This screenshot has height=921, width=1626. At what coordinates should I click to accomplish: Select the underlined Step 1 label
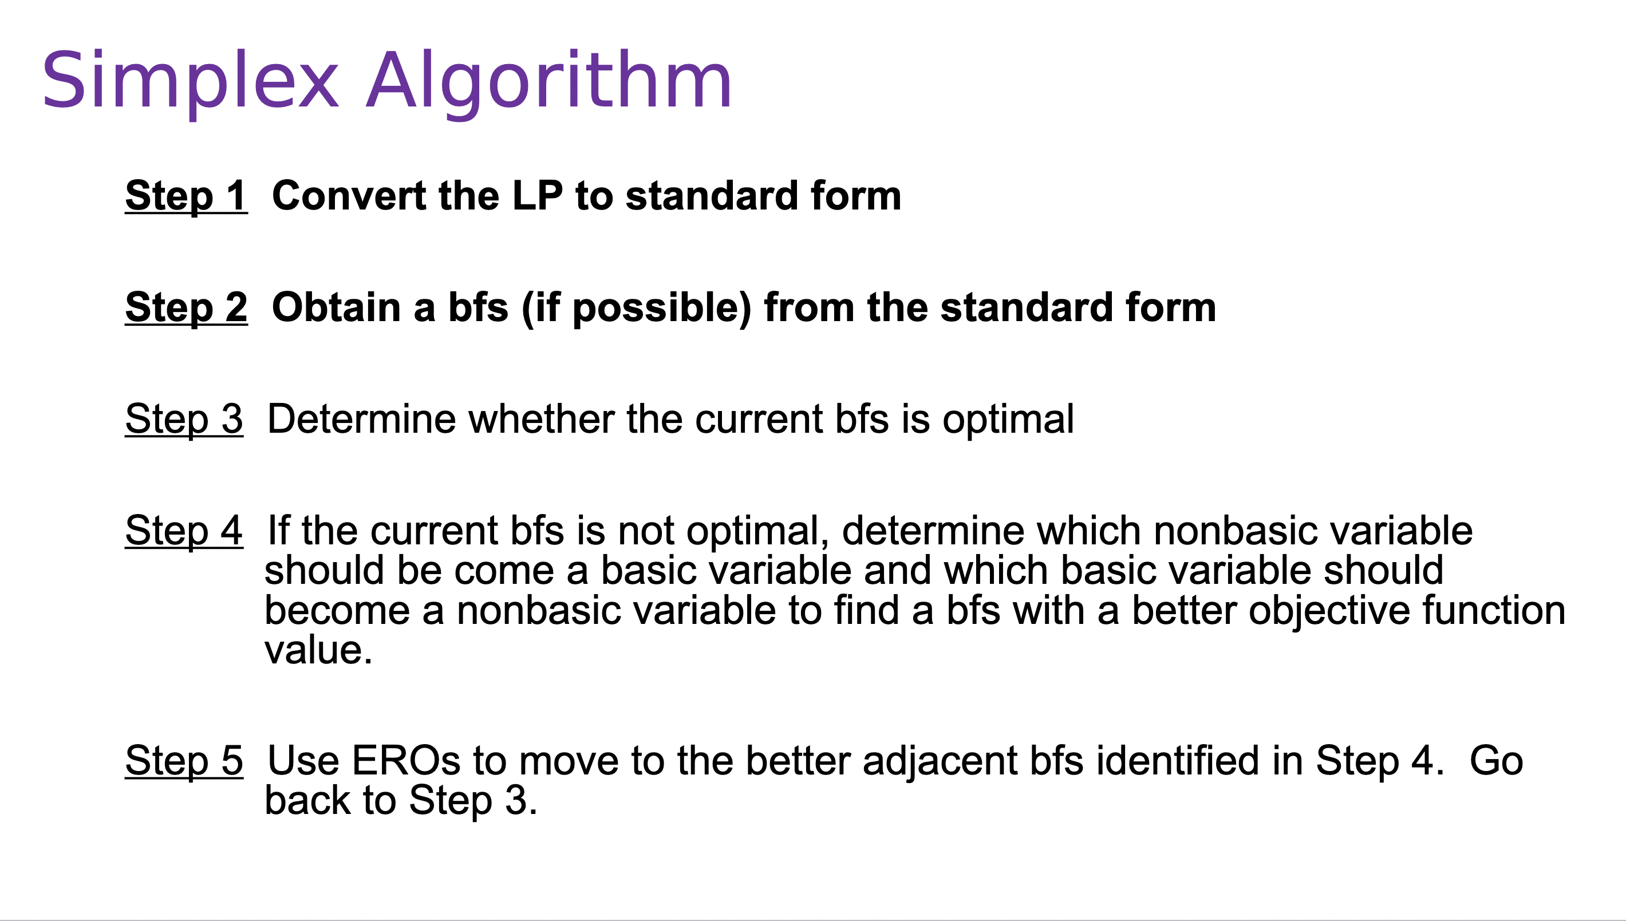tap(186, 196)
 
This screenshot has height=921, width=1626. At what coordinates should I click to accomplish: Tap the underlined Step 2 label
tap(186, 308)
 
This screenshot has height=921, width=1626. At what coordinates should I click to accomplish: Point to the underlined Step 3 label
tap(183, 420)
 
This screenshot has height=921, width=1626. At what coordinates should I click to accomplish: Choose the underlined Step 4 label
tap(183, 531)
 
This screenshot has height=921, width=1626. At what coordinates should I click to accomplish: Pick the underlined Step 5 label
tap(183, 761)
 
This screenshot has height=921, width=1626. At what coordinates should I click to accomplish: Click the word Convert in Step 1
tap(349, 196)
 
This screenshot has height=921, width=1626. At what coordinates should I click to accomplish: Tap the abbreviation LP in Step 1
tap(537, 196)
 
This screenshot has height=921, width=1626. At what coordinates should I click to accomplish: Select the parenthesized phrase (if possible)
tap(637, 308)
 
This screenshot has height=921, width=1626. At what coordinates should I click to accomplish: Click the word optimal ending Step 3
tap(1008, 420)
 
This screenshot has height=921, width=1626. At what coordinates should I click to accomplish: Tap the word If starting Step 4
tap(278, 531)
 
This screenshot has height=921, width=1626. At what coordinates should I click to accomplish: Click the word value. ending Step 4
tap(318, 651)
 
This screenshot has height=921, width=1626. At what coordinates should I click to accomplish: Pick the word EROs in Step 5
tap(405, 761)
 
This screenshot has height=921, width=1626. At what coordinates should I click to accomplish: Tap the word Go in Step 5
tap(1495, 761)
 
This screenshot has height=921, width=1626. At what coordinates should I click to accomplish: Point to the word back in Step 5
tap(307, 801)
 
